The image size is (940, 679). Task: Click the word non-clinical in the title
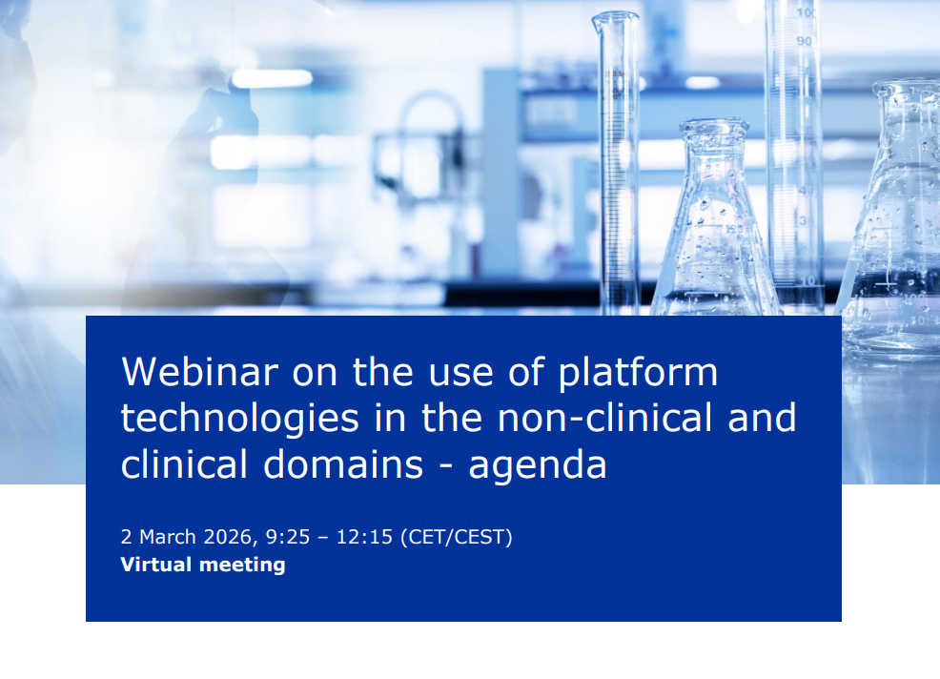(x=604, y=418)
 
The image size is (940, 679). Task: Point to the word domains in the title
(x=343, y=464)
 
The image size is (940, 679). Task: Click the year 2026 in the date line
(x=228, y=537)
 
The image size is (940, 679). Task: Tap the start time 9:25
(x=288, y=537)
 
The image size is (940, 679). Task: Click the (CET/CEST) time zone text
(x=457, y=538)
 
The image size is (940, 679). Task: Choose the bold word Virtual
(x=155, y=565)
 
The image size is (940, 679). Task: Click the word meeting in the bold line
(x=242, y=566)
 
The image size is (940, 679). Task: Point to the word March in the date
(x=167, y=537)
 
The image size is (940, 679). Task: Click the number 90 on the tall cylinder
(x=804, y=41)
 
